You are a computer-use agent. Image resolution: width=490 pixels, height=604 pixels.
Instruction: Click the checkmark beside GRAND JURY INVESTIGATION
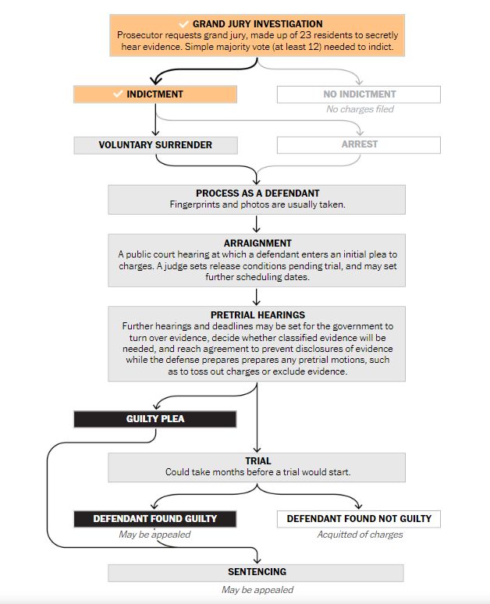click(183, 24)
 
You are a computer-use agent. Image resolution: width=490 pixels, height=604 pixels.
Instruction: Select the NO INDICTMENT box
click(359, 94)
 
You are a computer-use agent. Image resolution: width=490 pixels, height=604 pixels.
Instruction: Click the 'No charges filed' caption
click(360, 109)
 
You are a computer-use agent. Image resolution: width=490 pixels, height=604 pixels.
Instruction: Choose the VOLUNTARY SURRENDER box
click(154, 145)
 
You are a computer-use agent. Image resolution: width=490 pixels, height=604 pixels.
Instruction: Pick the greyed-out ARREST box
click(359, 145)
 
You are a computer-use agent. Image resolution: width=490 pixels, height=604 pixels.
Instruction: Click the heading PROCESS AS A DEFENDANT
click(257, 194)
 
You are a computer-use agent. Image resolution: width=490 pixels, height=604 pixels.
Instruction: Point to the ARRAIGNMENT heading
click(257, 243)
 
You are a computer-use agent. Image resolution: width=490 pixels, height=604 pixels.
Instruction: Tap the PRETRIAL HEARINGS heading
click(257, 315)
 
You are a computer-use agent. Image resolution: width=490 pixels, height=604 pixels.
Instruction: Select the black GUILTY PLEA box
click(154, 419)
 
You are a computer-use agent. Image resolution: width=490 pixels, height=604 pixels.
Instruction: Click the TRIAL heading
click(257, 461)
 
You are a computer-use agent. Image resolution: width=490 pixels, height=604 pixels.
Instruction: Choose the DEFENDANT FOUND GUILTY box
click(154, 519)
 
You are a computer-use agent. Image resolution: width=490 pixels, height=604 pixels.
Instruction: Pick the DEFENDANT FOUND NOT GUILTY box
click(358, 519)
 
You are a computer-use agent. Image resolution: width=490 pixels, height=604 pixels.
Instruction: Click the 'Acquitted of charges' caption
click(360, 535)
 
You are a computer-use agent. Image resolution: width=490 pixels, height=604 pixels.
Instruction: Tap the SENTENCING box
click(256, 573)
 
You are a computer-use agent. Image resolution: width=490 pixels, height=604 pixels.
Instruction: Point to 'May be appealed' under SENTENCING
click(257, 590)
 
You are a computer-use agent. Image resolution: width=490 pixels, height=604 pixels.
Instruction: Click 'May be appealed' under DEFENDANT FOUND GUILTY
click(154, 535)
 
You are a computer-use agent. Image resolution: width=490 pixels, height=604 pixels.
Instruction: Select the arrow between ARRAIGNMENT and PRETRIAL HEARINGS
click(257, 297)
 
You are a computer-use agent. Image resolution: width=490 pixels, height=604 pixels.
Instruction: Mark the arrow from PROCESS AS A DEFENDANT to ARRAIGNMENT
click(257, 225)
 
